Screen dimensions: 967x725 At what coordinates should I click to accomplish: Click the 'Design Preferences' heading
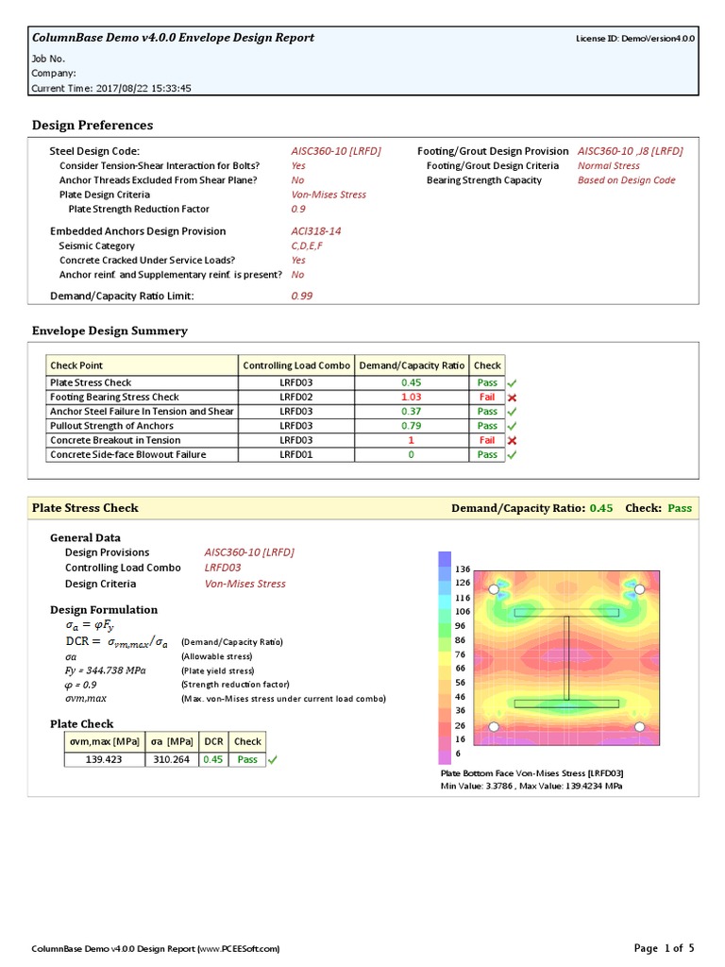[x=93, y=125]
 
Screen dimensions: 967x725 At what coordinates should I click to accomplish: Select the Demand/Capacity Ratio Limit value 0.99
[x=302, y=296]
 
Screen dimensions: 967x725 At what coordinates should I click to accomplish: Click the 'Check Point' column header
[x=77, y=365]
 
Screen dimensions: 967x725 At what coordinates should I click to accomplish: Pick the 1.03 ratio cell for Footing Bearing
[x=411, y=398]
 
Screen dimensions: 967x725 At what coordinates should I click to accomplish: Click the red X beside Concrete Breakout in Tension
[x=512, y=441]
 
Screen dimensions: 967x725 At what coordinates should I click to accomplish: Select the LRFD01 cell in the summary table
[x=296, y=454]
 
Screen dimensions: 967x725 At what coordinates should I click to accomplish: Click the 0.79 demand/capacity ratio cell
[x=411, y=426]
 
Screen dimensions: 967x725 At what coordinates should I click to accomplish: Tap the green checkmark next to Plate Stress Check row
[x=512, y=383]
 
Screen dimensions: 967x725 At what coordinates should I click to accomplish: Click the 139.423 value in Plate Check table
[x=104, y=759]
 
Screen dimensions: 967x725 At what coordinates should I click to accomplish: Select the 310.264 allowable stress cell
[x=172, y=759]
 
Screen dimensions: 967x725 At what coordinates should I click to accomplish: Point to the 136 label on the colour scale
[x=463, y=569]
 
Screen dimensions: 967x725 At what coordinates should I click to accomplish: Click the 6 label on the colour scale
[x=459, y=754]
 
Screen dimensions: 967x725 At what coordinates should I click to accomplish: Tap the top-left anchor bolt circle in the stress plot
[x=493, y=589]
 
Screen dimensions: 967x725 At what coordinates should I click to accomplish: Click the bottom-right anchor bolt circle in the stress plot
[x=639, y=726]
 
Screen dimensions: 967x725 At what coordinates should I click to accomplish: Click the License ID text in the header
[x=635, y=39]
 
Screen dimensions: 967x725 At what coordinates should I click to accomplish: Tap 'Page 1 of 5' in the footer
[x=664, y=947]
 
